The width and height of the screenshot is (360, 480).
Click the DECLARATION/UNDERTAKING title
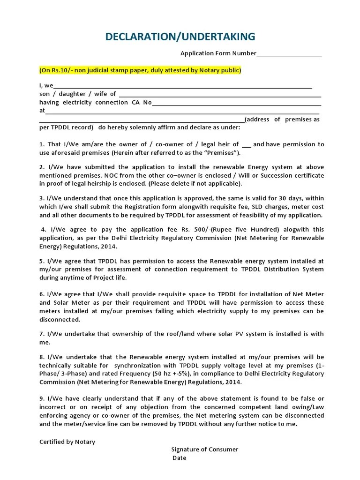coord(180,37)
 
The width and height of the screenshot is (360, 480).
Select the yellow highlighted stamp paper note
coord(140,70)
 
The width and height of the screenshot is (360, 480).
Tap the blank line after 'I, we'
coord(183,86)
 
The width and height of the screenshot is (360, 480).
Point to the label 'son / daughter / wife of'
coord(77,94)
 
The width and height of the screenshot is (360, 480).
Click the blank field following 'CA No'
coord(236,103)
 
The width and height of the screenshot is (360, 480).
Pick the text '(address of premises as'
coord(282,120)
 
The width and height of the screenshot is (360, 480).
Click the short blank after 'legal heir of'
coord(247,145)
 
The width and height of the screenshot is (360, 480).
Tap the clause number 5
coord(41,261)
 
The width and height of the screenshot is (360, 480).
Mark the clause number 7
coord(41,334)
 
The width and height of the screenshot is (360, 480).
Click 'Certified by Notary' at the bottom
coord(67,442)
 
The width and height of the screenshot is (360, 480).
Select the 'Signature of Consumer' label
coord(205,450)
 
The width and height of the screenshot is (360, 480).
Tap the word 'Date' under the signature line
coord(180,458)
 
